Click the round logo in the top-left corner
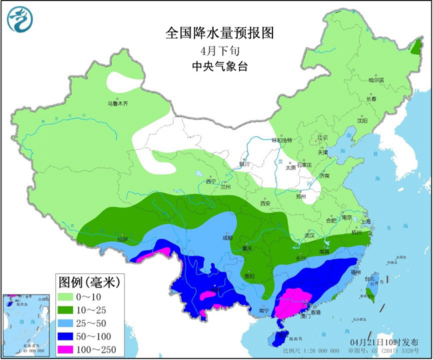click(x=19, y=18)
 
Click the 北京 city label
click(x=322, y=138)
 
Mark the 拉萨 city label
click(x=122, y=239)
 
